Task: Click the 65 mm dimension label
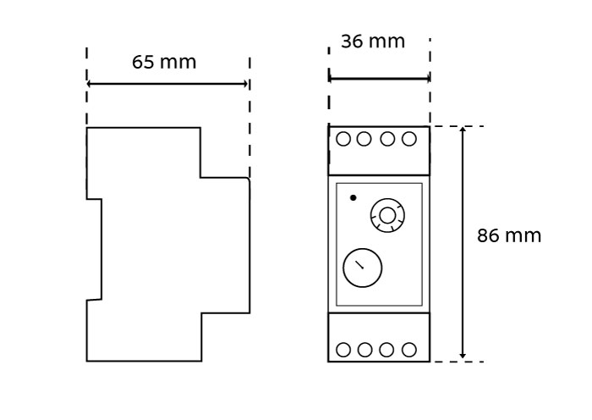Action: pos(164,63)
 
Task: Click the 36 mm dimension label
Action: pos(372,41)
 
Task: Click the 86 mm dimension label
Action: pos(508,236)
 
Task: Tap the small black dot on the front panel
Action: pos(353,197)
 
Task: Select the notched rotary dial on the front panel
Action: pos(387,216)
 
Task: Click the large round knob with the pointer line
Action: pos(362,268)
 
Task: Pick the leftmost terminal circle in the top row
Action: pos(343,139)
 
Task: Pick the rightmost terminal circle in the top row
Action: pos(409,139)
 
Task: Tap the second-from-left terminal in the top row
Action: pos(365,139)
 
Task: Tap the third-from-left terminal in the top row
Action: pos(387,139)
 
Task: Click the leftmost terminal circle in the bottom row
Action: pos(343,350)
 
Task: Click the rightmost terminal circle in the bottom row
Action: pos(409,350)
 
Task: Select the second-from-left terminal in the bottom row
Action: pos(365,350)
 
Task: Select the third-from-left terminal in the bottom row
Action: pos(387,350)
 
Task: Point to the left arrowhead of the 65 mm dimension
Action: pos(90,84)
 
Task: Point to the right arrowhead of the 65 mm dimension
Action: pos(246,84)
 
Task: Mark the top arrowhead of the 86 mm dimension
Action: pos(463,130)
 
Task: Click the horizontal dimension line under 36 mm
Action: pos(379,79)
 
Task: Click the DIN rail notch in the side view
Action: pos(94,250)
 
